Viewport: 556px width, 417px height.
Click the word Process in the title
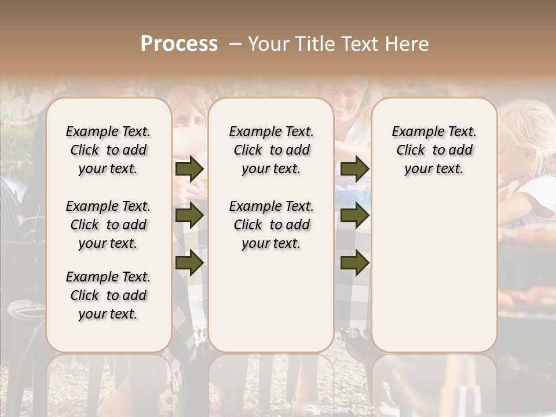(x=179, y=44)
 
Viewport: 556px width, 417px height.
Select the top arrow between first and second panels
(x=189, y=169)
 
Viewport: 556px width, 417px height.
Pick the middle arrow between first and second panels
(x=189, y=216)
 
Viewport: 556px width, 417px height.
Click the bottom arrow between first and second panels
(x=189, y=262)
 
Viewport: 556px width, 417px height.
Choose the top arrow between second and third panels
(x=354, y=169)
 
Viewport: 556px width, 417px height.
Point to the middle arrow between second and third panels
(x=354, y=216)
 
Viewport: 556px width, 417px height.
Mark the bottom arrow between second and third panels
(x=354, y=262)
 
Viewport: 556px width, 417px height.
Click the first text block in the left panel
(x=108, y=150)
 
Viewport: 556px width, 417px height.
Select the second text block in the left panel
(x=108, y=225)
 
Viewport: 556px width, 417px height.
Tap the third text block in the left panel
(x=108, y=295)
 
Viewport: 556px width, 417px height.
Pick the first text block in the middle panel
(x=271, y=150)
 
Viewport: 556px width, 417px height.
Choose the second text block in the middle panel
(x=271, y=225)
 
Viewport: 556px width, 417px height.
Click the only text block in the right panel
(x=434, y=150)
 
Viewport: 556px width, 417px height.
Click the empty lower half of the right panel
(x=434, y=278)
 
